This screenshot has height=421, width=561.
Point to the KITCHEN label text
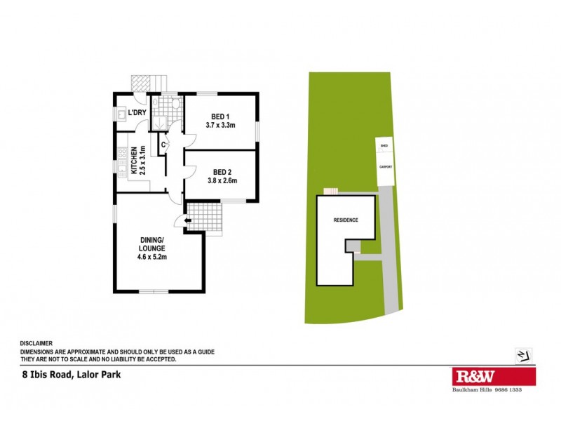coord(132,159)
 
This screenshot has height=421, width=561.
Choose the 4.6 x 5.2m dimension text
coord(151,257)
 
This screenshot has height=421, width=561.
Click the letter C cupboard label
coord(163,145)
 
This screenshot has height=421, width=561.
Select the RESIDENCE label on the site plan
coord(345,220)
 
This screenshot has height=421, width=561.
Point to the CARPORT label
coord(386,167)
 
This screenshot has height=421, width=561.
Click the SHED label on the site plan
coord(384,147)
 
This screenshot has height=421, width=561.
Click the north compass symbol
coord(521,355)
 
